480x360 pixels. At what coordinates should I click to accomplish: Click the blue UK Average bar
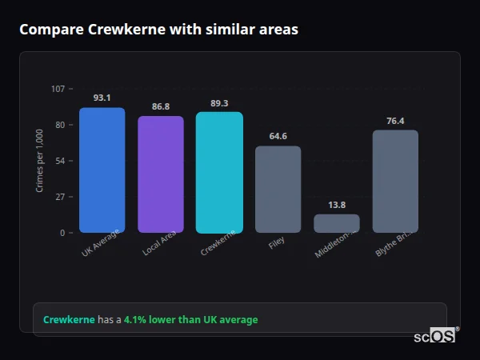[x=102, y=170]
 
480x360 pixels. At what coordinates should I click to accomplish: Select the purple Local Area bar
[x=161, y=174]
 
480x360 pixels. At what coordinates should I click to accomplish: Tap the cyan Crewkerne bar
[x=219, y=172]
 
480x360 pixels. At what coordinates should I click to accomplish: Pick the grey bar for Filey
[x=278, y=189]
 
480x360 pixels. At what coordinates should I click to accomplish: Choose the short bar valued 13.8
[x=337, y=223]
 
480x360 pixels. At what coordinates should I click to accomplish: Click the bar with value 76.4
[x=395, y=181]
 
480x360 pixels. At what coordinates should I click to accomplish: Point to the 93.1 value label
[x=102, y=98]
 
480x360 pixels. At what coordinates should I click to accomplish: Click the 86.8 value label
[x=161, y=106]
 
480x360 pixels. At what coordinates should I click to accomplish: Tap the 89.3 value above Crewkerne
[x=219, y=102]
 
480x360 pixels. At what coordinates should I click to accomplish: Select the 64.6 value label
[x=278, y=136]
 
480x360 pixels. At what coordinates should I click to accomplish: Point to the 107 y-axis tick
[x=58, y=88]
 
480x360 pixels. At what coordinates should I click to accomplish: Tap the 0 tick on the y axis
[x=62, y=233]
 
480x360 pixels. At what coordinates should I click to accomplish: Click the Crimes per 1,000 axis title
[x=40, y=160]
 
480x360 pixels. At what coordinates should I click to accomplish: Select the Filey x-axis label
[x=277, y=242]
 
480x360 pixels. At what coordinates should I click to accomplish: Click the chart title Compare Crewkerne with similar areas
[x=158, y=30]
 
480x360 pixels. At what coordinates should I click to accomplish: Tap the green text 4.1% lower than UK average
[x=190, y=320]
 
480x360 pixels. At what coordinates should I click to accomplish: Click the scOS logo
[x=434, y=336]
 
